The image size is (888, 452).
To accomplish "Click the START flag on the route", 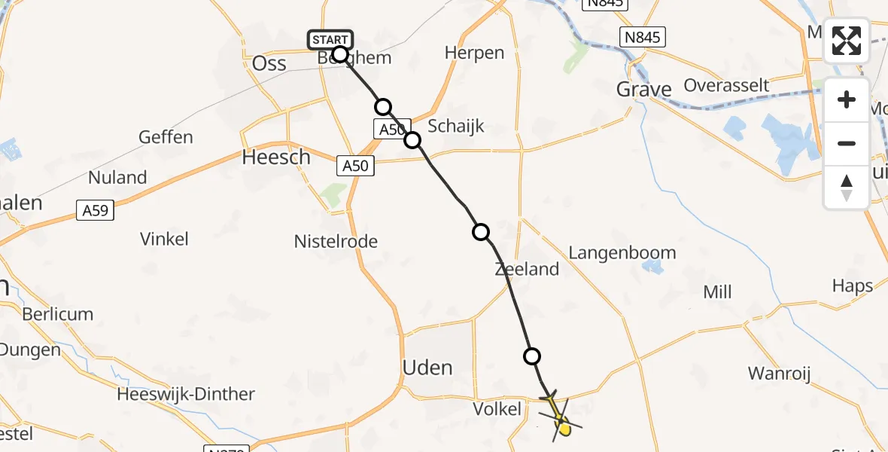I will [330, 40].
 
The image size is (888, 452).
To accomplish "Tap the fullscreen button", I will [847, 41].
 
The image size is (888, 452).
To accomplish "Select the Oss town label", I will [269, 63].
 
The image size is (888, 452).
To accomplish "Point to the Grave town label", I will [643, 90].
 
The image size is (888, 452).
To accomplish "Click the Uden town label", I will [427, 368].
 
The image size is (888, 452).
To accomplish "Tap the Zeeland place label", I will [527, 269].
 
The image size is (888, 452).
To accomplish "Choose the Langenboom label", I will [622, 253].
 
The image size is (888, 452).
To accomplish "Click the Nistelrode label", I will [336, 242].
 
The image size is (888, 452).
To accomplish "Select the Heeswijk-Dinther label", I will [186, 394].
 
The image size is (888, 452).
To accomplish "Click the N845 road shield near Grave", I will [643, 37].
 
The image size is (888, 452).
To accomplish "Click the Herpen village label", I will [474, 53].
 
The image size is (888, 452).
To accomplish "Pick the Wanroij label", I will [779, 374].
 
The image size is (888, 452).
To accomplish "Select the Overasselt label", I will [725, 85].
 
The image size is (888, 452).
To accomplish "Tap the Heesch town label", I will [276, 157].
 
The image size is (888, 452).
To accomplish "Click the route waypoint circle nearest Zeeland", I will [481, 232].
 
